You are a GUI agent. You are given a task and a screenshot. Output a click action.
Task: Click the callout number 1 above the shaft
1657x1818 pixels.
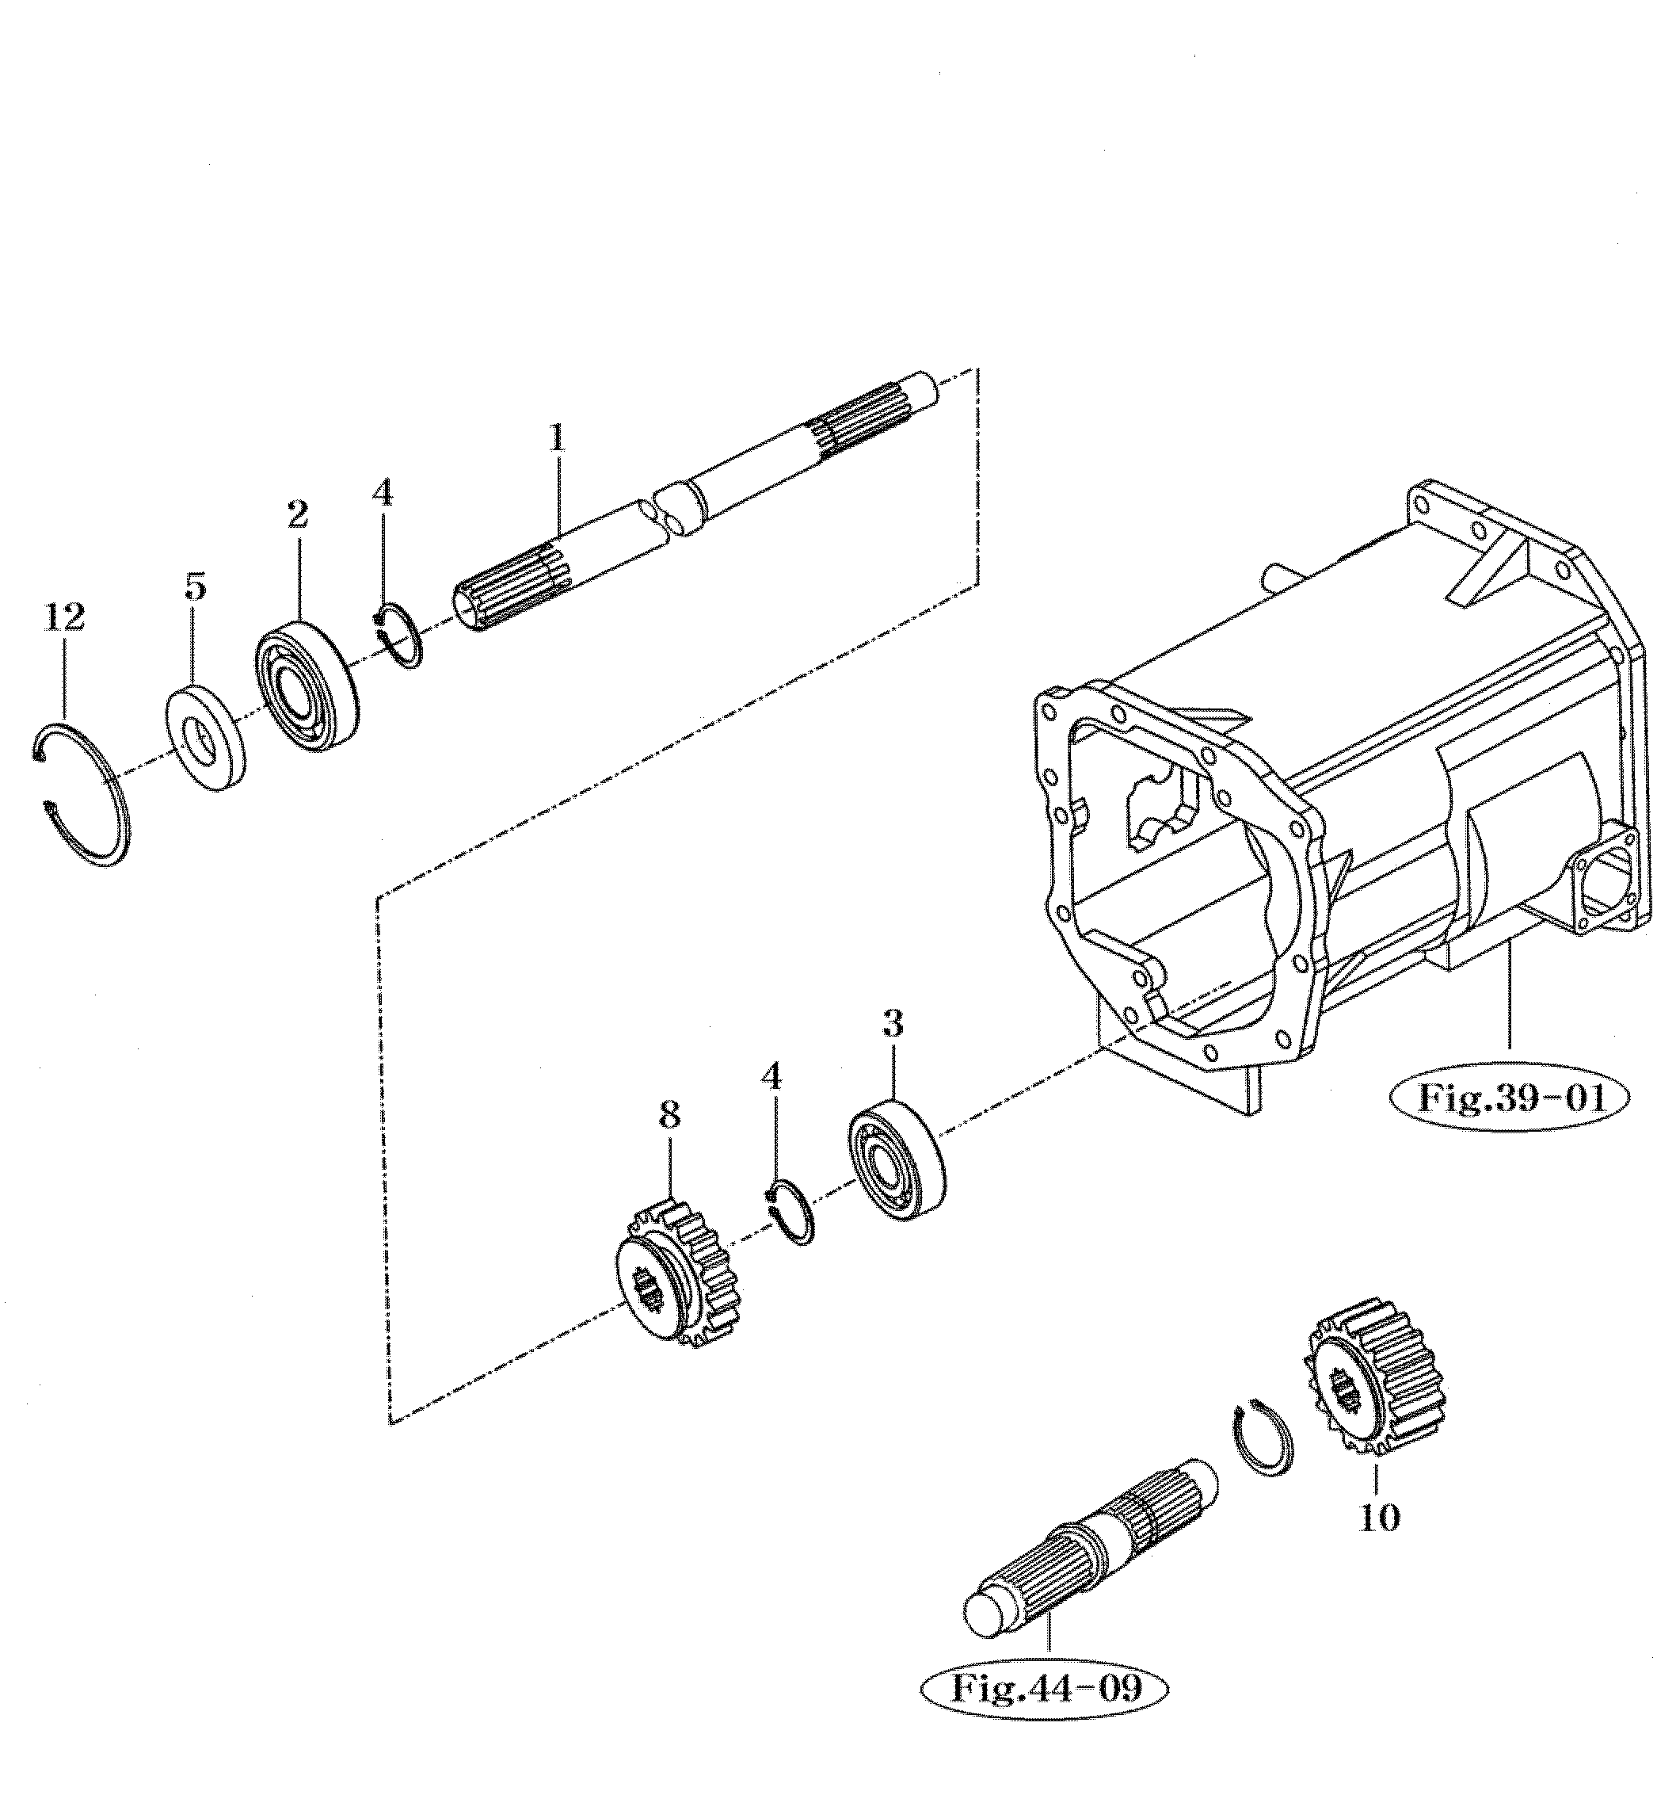[557, 439]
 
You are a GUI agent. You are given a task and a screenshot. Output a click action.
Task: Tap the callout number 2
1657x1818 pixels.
[299, 514]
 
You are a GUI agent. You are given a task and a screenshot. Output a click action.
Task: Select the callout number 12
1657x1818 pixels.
[64, 617]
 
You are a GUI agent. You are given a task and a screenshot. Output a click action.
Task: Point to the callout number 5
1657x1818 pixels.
[195, 587]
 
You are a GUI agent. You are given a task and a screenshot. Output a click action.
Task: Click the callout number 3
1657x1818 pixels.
[893, 1025]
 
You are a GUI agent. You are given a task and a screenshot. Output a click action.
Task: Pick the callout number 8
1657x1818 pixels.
[669, 1116]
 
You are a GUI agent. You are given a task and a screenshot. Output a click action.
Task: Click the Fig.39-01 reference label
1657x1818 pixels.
[1512, 1098]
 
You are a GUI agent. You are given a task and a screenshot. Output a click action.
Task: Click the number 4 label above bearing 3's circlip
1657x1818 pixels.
[771, 1076]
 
